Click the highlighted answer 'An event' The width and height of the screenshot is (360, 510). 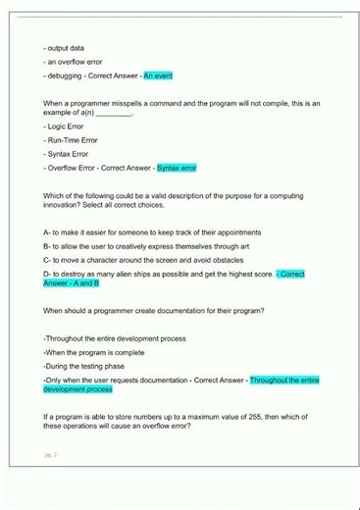[x=158, y=76]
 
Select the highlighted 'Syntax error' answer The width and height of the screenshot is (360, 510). [x=177, y=168]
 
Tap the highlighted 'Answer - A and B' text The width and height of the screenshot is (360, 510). [x=71, y=283]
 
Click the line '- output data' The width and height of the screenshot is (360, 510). [x=64, y=47]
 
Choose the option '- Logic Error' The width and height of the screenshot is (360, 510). [x=64, y=127]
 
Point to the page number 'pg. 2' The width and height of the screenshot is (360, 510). [x=50, y=455]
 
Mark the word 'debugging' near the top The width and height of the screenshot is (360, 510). [x=67, y=76]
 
